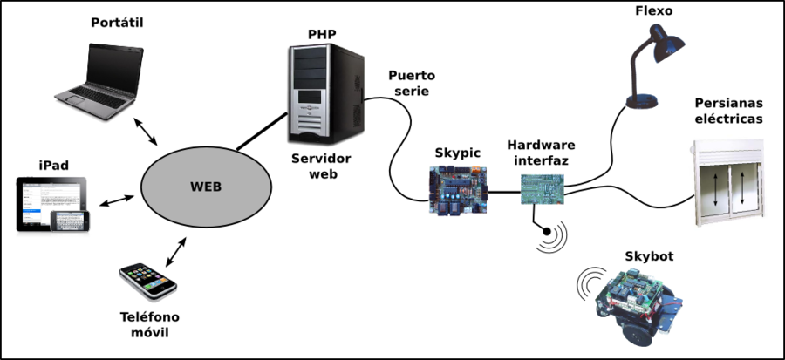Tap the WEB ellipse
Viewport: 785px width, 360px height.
coord(206,187)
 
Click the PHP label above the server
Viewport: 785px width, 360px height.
coord(322,35)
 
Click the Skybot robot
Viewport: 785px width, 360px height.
coord(635,302)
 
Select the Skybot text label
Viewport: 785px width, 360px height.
coord(649,256)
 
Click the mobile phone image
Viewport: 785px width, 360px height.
coord(147,281)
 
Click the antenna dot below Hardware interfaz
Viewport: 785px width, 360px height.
coord(545,233)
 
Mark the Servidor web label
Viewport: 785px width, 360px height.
coord(322,166)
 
